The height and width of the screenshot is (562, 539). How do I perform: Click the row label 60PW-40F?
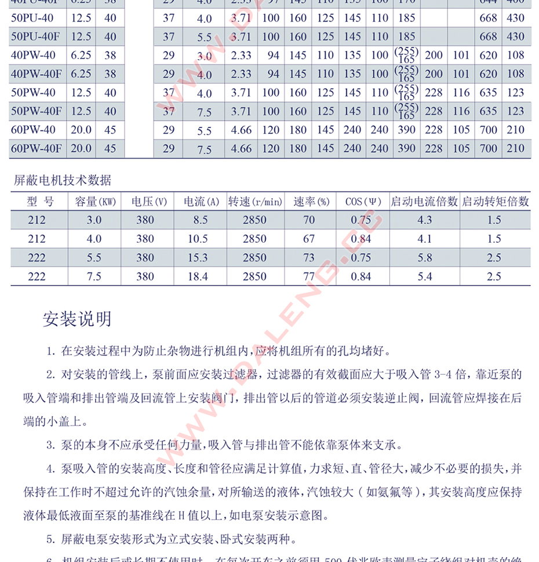pos(36,148)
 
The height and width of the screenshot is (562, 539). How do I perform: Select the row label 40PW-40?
pos(33,55)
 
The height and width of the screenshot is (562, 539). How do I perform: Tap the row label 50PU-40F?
pos(36,37)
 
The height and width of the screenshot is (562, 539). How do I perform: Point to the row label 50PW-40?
pos(33,93)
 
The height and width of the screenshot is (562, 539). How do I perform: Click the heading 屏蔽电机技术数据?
pos(62,180)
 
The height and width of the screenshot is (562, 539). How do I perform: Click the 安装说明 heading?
pos(77,319)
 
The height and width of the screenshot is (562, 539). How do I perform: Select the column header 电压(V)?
pos(150,202)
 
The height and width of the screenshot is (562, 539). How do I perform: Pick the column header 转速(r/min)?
pos(255,202)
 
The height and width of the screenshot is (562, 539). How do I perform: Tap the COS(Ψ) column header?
pos(363,202)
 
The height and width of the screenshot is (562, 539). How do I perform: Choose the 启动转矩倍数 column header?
pos(494,202)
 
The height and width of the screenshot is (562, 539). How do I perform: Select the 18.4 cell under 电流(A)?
pos(198,277)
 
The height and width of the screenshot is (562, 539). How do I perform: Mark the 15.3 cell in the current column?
pos(198,258)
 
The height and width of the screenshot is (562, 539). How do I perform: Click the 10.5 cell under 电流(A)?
pos(198,239)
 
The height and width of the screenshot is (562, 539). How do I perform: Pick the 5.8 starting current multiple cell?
pos(424,258)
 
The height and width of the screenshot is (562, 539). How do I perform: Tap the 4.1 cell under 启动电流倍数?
pos(424,239)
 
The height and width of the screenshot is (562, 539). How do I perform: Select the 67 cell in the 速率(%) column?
pos(309,239)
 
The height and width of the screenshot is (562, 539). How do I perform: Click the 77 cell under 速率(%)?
pos(309,277)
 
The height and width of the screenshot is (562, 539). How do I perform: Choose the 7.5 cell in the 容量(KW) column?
pos(94,277)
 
